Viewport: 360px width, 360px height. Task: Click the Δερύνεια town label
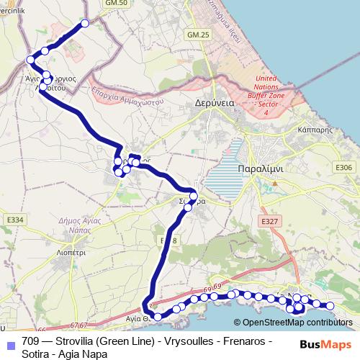(215, 103)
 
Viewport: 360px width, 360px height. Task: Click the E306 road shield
(344, 168)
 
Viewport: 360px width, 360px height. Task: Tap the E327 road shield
(269, 221)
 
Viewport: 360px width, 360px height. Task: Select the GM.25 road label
(197, 35)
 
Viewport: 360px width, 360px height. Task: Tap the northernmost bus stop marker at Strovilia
(85, 24)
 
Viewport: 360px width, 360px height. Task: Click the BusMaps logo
(325, 344)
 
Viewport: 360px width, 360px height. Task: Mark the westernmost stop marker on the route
(30, 59)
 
